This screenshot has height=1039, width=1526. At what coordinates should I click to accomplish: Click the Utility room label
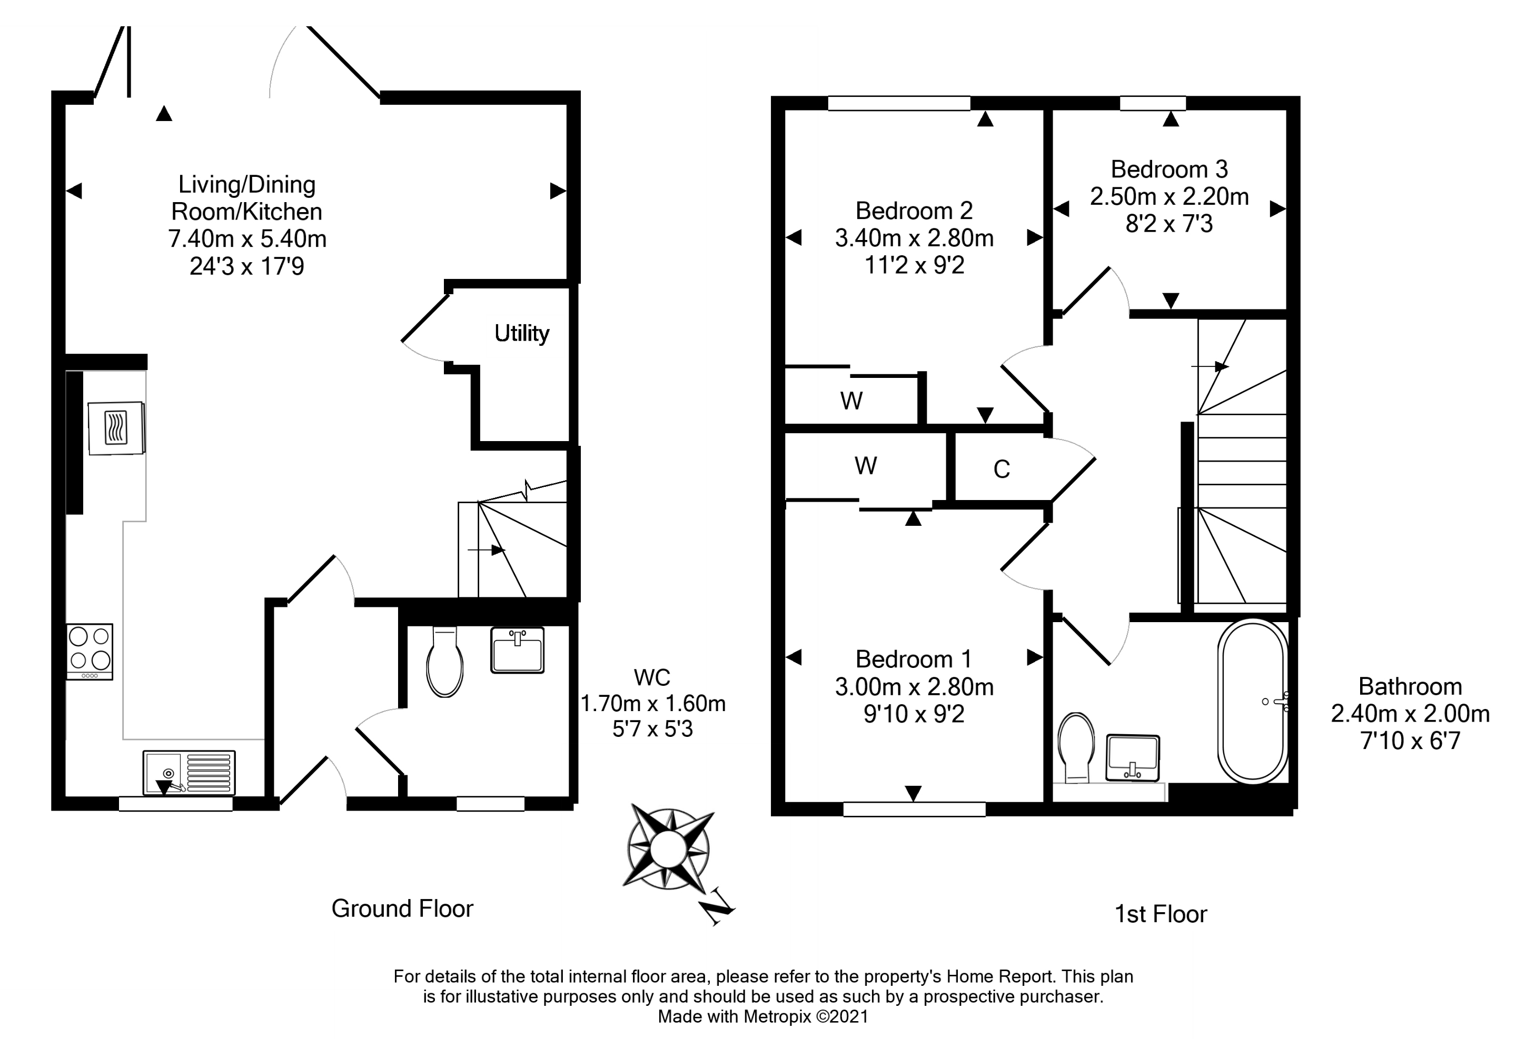521,333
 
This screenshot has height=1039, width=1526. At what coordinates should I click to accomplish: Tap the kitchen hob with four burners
90,651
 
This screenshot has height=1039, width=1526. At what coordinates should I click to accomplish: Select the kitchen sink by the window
189,773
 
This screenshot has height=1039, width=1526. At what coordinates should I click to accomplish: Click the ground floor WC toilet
444,663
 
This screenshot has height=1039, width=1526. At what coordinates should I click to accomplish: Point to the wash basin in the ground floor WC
518,650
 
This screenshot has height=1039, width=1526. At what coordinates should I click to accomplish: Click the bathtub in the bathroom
1253,701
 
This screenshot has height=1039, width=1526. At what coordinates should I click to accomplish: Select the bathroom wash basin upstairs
1133,757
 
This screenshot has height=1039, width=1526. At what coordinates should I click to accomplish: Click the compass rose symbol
668,848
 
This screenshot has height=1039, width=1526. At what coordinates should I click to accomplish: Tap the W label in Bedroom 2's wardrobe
851,401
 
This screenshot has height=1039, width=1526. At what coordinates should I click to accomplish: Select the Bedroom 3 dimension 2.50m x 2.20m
1169,197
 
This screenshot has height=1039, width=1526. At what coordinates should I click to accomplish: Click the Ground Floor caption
402,908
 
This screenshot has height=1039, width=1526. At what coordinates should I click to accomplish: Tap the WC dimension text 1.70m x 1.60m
653,704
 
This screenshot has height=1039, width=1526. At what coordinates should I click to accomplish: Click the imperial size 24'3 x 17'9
247,266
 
